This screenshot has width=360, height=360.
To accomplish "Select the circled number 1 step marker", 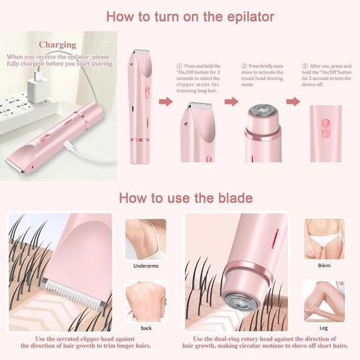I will pos(179,66).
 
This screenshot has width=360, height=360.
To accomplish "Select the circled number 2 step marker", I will pos(243,66).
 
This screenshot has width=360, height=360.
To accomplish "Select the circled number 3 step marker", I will pos(305,66).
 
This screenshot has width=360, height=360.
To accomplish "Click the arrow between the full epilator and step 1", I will pos(166,102).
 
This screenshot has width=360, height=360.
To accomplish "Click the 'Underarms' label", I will pos(145,265).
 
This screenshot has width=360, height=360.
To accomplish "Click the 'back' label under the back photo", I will pos(146,326).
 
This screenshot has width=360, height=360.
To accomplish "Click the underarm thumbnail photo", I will pos(145,238).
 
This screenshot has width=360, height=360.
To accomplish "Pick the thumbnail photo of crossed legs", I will pos(323,300).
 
